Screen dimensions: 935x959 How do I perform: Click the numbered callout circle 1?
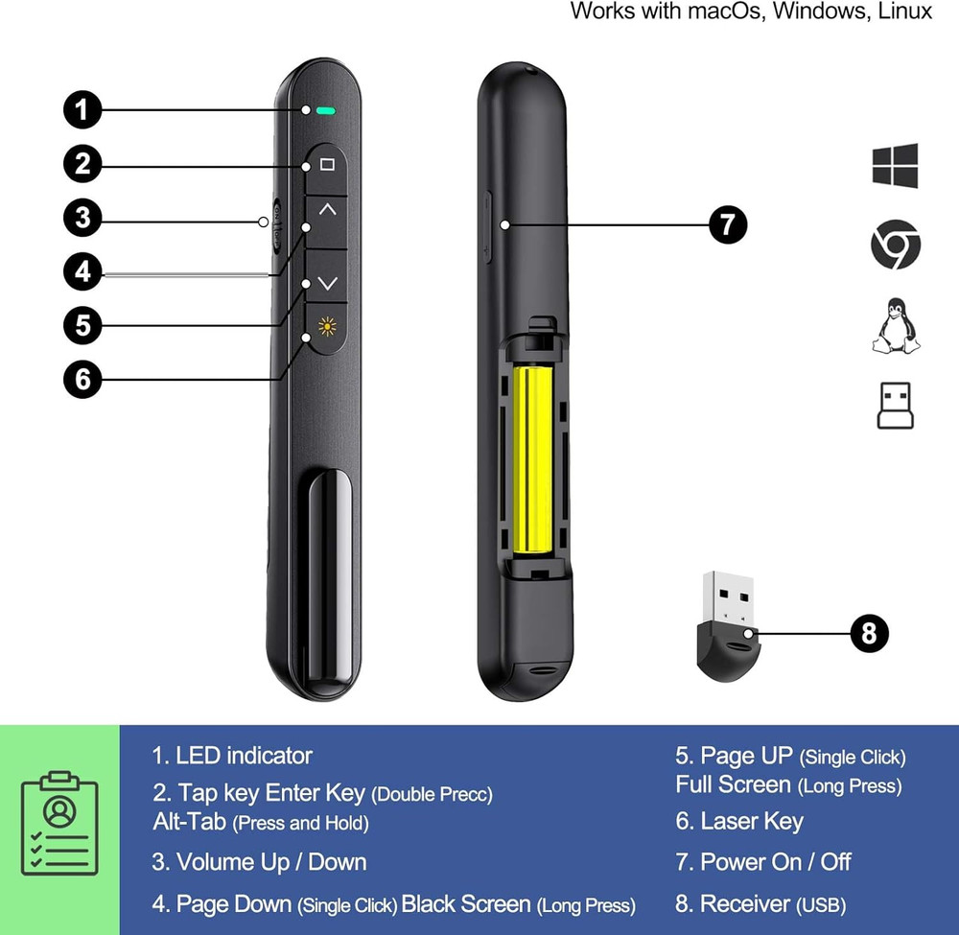click(82, 109)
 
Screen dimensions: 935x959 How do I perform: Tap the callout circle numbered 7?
click(728, 225)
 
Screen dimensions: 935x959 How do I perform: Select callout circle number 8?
click(869, 633)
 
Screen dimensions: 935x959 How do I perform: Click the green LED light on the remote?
click(326, 110)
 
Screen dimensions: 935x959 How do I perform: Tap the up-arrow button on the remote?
click(327, 208)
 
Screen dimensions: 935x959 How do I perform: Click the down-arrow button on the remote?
click(327, 283)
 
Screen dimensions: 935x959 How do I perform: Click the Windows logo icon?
click(895, 166)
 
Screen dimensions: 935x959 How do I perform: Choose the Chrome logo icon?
click(896, 245)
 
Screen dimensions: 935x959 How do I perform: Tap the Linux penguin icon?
click(895, 327)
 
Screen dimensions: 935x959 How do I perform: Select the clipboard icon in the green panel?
click(59, 823)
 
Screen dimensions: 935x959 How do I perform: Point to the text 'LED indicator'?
click(244, 756)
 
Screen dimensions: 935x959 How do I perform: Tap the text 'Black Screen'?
click(466, 903)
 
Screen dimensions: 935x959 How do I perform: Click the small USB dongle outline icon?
click(895, 406)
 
